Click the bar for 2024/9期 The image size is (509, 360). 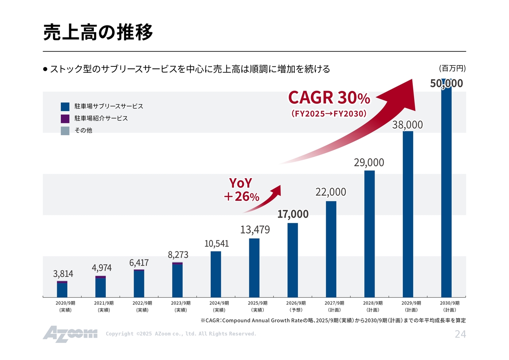click(216, 274)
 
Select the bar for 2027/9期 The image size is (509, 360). click(331, 249)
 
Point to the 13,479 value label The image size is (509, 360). click(255, 230)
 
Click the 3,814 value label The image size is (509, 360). click(63, 274)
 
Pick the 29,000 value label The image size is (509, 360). click(369, 162)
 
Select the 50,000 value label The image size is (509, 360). click(446, 83)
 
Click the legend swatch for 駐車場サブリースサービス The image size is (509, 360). click(65, 107)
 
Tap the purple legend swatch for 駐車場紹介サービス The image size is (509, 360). click(65, 119)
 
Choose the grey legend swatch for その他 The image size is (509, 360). click(65, 130)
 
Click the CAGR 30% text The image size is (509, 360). click(329, 97)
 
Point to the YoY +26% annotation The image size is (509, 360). click(241, 189)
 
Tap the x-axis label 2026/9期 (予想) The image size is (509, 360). click(295, 306)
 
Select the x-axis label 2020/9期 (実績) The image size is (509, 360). click(65, 306)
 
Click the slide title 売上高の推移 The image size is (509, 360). click(98, 32)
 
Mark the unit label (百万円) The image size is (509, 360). click(452, 68)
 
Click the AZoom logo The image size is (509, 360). click(70, 333)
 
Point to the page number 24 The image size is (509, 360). click(460, 335)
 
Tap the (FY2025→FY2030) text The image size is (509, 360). click(328, 114)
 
